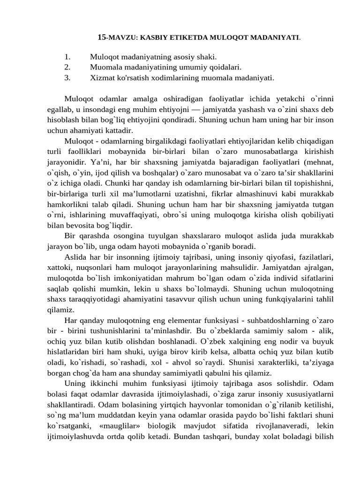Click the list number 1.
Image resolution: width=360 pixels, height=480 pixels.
[x=67, y=57]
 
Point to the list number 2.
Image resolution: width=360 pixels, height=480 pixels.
[x=67, y=67]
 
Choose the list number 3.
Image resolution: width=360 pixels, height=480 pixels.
[x=67, y=78]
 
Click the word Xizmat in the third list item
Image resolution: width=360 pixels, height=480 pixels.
[x=102, y=78]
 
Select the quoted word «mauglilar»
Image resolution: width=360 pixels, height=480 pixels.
[x=124, y=425]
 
